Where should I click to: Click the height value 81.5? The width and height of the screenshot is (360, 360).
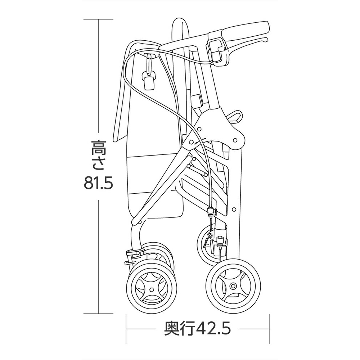coord(98,183)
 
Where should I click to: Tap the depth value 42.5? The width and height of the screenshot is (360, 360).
coord(214,329)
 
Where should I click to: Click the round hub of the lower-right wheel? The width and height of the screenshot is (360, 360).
coord(233,286)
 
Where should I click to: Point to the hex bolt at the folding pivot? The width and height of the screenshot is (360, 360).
coord(190,142)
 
